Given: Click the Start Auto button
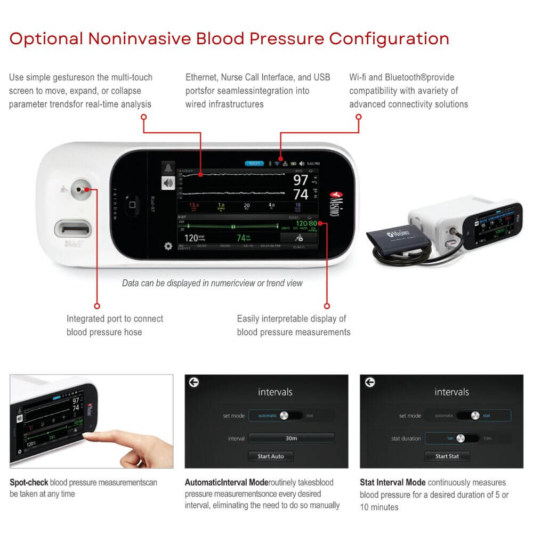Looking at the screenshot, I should [270, 456].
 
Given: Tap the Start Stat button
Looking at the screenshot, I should [447, 456].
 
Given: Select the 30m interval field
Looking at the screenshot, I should [291, 438].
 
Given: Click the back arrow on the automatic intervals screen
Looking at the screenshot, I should [194, 382].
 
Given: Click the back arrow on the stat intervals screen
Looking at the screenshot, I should [369, 382].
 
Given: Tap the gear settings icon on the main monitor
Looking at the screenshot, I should [168, 247].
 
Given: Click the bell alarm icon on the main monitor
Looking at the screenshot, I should [168, 168].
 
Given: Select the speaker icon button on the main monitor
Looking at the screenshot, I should [168, 183].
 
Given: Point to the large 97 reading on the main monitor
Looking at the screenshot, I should [301, 180].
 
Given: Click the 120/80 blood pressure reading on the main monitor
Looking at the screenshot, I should [306, 223].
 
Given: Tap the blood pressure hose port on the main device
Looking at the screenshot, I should [80, 189].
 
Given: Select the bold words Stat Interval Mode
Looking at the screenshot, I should [392, 482].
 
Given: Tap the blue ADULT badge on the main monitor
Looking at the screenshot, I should [254, 163].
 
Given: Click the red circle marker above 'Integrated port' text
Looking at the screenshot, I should [96, 306].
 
